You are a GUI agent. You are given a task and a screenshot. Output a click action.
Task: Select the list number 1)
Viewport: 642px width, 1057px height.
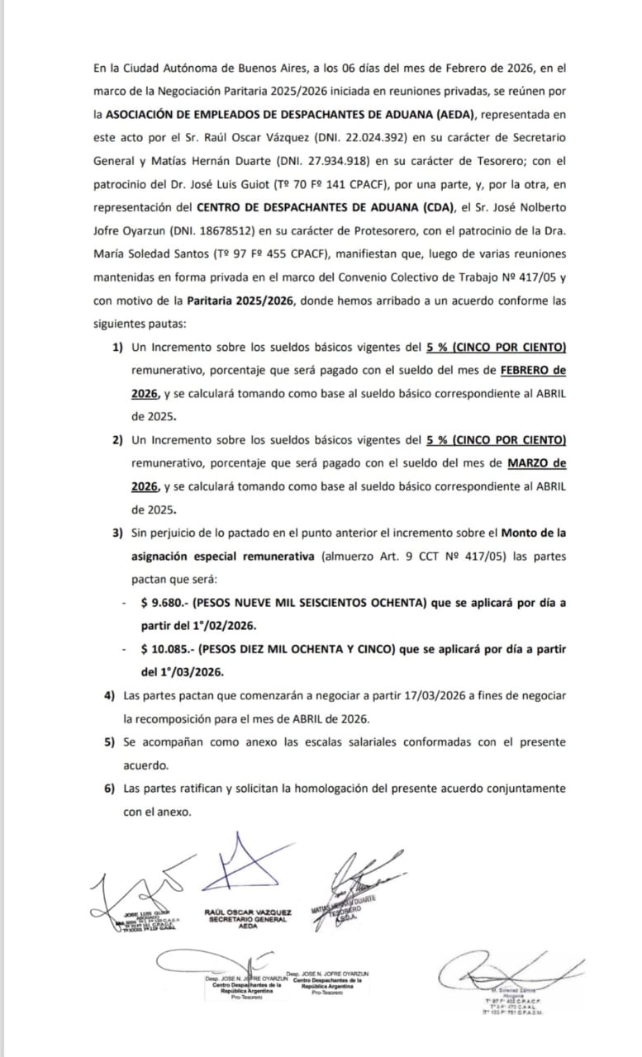pyautogui.click(x=118, y=345)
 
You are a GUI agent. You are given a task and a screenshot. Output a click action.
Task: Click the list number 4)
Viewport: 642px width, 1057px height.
pyautogui.click(x=109, y=696)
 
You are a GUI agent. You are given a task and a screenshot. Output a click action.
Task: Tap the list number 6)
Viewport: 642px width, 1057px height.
pyautogui.click(x=109, y=789)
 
